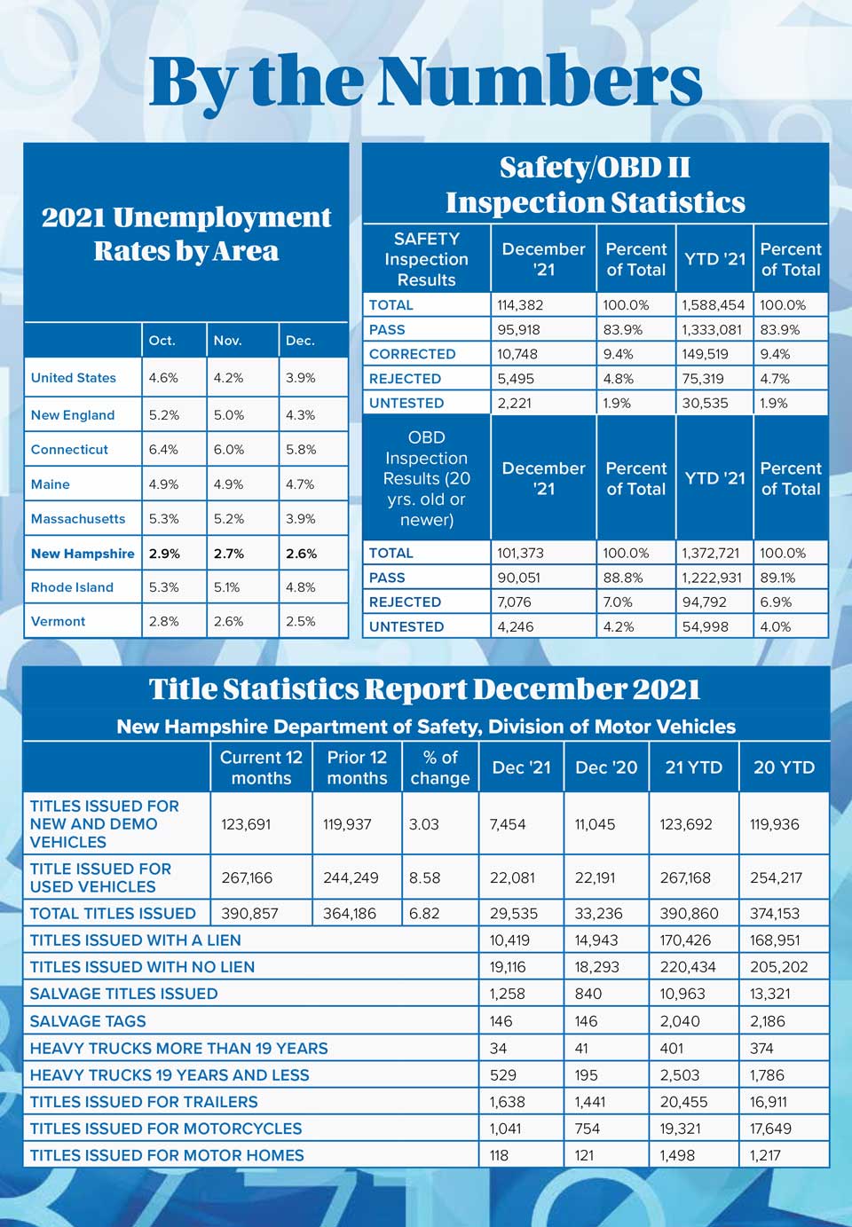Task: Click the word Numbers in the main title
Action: coord(540,82)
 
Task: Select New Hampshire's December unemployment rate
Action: coord(301,553)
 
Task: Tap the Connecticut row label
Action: coord(69,449)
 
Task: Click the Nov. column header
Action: coord(227,340)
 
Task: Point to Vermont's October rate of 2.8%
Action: coord(163,621)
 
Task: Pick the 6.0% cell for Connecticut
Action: coord(228,449)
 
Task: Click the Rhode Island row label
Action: coord(72,587)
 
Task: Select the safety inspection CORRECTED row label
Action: coord(412,354)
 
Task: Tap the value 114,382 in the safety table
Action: coord(520,305)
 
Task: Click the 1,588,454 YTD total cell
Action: coord(713,305)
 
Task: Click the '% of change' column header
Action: coord(439,767)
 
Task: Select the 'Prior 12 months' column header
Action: coord(357,767)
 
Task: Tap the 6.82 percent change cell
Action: coord(424,913)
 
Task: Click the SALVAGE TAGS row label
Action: coord(88,1021)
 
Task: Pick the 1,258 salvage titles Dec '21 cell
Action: coord(507,994)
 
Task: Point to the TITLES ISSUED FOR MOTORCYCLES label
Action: coord(166,1129)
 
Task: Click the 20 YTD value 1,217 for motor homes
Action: coord(767,1155)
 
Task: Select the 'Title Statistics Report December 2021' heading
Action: coord(424,689)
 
